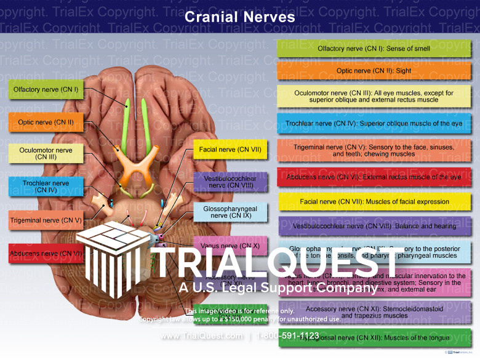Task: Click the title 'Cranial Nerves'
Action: coord(240,17)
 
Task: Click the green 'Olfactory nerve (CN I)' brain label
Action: coord(46,90)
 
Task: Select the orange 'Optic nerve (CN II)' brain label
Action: coord(46,122)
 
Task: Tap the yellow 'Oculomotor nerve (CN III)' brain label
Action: coord(46,154)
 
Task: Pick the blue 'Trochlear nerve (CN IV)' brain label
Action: coord(46,186)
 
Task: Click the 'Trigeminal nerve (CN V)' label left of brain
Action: coord(46,220)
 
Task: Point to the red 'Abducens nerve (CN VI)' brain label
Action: coord(46,253)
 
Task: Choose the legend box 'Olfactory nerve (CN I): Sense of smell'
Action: coord(374,49)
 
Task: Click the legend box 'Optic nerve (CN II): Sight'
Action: coord(374,71)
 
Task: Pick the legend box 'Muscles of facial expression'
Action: coord(374,202)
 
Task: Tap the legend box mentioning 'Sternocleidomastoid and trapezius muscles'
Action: coord(374,312)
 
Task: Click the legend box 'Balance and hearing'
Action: coord(374,226)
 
